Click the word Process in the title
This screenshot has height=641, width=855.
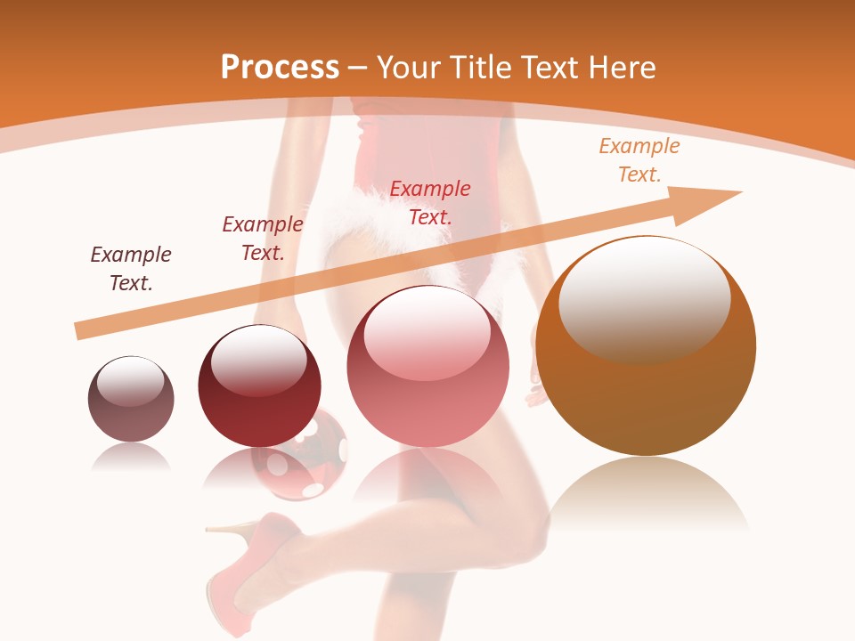coord(280,68)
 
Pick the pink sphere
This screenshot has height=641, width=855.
coord(427,392)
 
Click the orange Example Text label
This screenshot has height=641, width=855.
coord(639,160)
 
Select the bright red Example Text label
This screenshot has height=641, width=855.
coord(430,202)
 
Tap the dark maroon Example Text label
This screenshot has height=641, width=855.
coord(263,238)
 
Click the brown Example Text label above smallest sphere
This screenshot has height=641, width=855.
coord(131,268)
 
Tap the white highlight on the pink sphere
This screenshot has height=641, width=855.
coord(427,332)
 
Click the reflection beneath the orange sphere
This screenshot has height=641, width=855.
coord(646,494)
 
